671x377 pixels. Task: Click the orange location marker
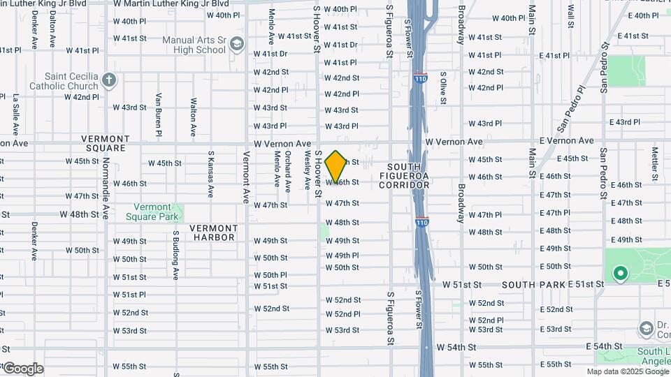[x=336, y=167]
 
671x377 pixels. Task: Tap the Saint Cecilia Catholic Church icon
[x=108, y=79]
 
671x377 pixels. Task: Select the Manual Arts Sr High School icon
[x=237, y=45]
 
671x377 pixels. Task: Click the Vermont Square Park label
[x=152, y=212]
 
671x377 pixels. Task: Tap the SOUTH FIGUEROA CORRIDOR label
[x=408, y=176]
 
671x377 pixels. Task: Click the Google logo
[x=23, y=368]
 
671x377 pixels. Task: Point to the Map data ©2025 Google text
[x=628, y=371]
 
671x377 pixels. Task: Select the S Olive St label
[x=442, y=88]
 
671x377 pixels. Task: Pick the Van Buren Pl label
[x=159, y=114]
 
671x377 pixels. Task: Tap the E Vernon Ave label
[x=566, y=141]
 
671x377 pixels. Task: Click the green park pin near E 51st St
[x=619, y=274]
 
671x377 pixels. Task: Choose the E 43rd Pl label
[x=624, y=122]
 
